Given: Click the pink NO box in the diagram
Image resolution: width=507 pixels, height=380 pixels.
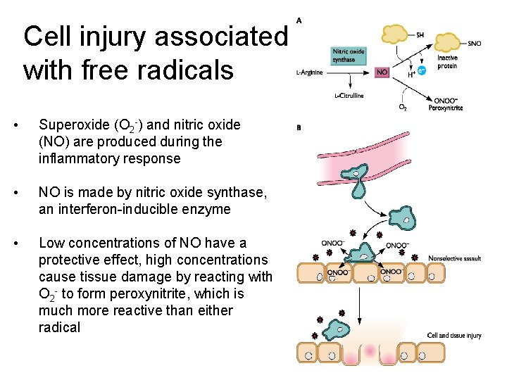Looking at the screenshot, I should [382, 72].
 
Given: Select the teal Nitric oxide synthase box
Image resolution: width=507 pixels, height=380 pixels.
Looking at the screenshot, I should [349, 55].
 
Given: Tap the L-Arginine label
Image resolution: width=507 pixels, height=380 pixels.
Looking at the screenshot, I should [310, 72].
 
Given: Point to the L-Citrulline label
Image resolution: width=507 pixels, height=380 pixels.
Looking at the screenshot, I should [349, 96].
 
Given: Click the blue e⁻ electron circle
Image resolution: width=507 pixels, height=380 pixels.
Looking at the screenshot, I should [422, 70].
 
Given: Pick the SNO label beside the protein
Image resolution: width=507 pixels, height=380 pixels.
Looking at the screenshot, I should [474, 43].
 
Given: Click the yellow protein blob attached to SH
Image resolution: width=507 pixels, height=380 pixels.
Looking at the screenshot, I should [395, 33].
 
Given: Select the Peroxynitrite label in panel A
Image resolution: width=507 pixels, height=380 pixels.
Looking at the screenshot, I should [445, 108].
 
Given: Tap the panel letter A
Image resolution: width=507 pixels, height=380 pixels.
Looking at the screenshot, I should [299, 20].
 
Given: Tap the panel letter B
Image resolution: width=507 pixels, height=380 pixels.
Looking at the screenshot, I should [299, 128].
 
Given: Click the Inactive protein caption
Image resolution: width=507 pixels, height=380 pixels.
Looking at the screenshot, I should [447, 63].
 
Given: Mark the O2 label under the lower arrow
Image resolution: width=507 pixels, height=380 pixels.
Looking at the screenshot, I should [403, 108].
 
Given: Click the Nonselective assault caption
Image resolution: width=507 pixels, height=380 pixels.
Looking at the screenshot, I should [454, 258].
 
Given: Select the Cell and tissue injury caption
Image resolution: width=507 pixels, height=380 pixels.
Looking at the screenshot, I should [454, 336].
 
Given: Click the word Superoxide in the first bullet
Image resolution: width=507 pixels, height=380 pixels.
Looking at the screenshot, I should [71, 125].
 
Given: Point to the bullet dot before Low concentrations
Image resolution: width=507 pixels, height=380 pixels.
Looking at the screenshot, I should [26, 243].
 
